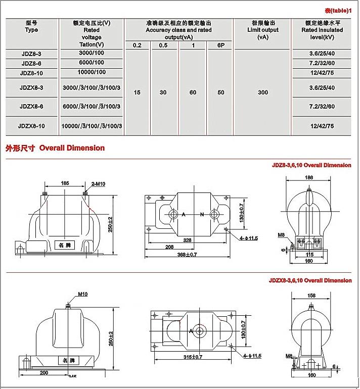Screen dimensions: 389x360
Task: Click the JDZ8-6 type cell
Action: click(x=31, y=63)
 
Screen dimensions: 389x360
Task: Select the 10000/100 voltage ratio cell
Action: click(x=91, y=72)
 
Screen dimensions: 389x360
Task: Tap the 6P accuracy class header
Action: click(x=220, y=46)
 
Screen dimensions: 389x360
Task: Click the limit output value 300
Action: click(x=262, y=92)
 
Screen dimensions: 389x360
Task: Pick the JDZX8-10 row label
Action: click(x=31, y=126)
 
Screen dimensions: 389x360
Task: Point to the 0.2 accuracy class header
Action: click(x=137, y=46)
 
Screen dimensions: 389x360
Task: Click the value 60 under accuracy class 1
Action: click(x=193, y=92)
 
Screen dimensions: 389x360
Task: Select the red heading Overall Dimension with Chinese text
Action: click(x=55, y=148)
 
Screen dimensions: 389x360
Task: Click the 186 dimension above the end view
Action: click(x=309, y=178)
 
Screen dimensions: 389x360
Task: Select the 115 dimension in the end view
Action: click(x=309, y=255)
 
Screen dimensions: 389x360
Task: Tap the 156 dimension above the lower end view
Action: click(x=312, y=296)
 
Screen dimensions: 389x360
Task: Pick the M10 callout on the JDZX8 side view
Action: click(x=83, y=294)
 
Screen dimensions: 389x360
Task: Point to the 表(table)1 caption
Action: click(x=337, y=11)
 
